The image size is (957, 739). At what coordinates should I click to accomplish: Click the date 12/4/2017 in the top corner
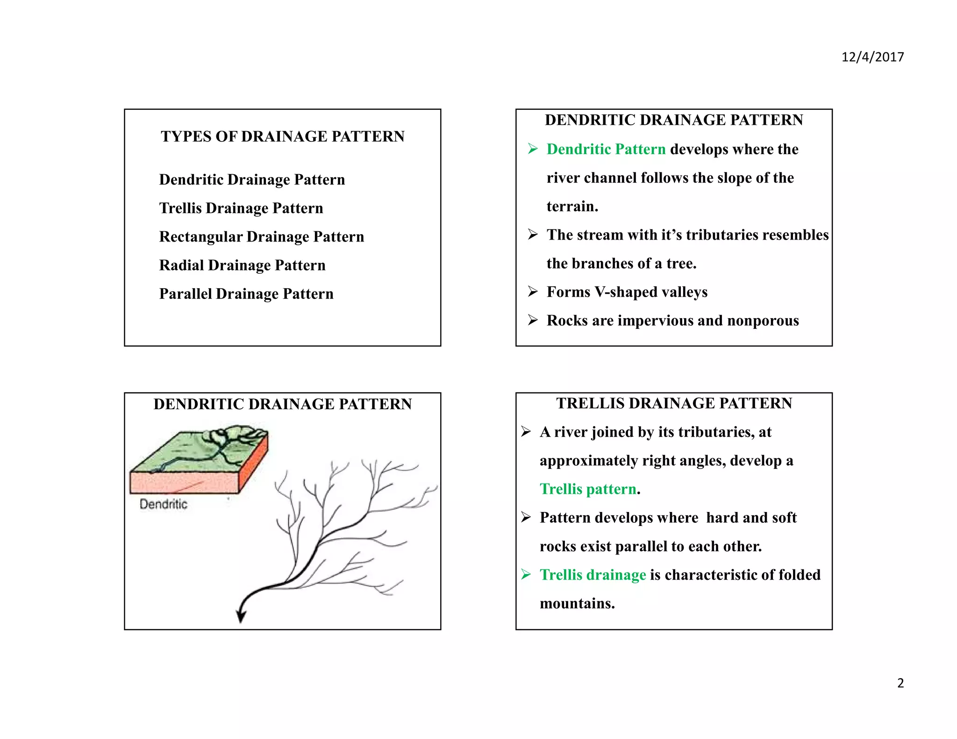pyautogui.click(x=872, y=57)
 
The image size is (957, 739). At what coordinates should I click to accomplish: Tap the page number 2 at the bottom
pyautogui.click(x=900, y=683)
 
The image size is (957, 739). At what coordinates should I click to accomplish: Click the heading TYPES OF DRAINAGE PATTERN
pyautogui.click(x=282, y=136)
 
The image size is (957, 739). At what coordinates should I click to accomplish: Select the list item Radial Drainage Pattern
pyautogui.click(x=242, y=265)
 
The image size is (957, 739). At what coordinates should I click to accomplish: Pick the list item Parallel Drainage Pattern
pyautogui.click(x=246, y=294)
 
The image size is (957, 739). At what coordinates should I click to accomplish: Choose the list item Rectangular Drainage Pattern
pyautogui.click(x=261, y=237)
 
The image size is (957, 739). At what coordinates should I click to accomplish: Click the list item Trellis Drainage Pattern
pyautogui.click(x=241, y=208)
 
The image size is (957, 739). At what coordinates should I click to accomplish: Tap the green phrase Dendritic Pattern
pyautogui.click(x=606, y=149)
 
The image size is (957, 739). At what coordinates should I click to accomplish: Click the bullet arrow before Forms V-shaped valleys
pyautogui.click(x=533, y=292)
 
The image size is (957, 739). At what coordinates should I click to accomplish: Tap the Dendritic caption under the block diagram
pyautogui.click(x=163, y=504)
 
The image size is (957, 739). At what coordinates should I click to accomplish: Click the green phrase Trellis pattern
pyautogui.click(x=588, y=489)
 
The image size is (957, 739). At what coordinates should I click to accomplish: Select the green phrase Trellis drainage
pyautogui.click(x=593, y=575)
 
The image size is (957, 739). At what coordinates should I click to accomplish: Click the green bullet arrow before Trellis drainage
pyautogui.click(x=526, y=575)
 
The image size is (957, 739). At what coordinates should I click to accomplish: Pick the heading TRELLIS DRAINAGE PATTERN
pyautogui.click(x=674, y=403)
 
